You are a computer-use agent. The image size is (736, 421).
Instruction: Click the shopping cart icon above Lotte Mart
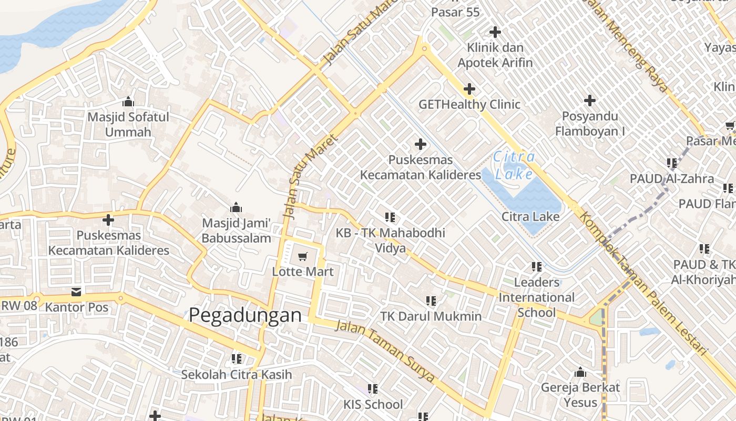coord(302,257)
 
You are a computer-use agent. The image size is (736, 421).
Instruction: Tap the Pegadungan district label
coord(245,315)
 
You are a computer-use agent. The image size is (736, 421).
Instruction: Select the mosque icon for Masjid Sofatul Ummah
coord(128,102)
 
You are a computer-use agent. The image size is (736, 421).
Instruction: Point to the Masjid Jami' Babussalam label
coord(237,230)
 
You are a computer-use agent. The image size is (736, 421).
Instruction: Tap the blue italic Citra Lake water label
coord(514,165)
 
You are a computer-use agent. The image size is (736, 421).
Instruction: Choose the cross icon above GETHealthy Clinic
coord(469,89)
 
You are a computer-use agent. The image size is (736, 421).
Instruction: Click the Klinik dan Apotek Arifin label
coord(495,55)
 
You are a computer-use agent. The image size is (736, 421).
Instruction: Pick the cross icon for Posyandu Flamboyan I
coord(590,100)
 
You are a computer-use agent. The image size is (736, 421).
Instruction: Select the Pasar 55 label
coord(455,12)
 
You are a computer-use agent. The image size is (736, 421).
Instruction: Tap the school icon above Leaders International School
coord(536,267)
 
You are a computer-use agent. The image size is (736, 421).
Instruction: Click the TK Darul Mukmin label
coord(431,316)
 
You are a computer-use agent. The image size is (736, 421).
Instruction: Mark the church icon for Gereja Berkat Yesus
coord(580,373)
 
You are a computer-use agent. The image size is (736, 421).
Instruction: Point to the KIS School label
coord(373,404)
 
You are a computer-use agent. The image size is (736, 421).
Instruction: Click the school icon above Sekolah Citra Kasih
coord(237,359)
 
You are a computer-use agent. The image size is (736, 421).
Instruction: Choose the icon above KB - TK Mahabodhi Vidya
coord(390,217)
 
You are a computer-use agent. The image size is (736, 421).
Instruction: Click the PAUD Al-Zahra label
coord(672,178)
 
